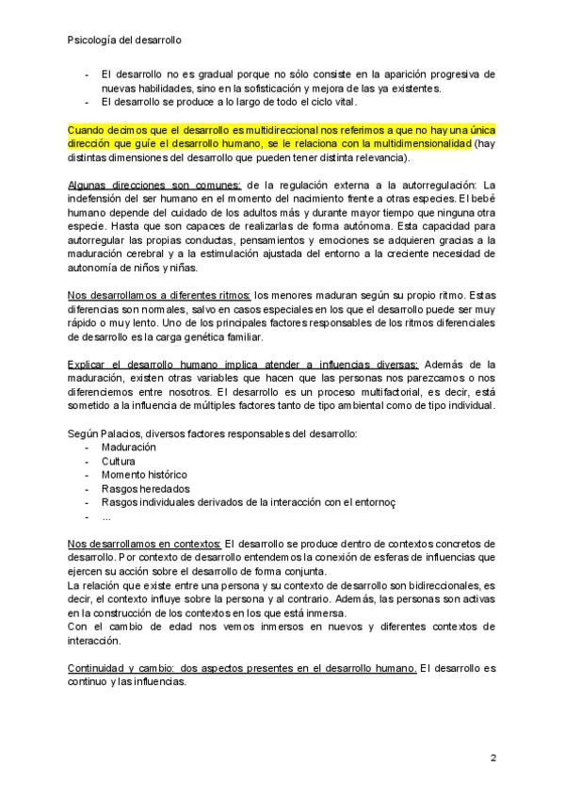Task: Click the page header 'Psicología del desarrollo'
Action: pos(126,41)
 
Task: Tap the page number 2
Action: pos(492,758)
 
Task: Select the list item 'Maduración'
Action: pos(130,447)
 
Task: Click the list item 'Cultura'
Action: pos(117,461)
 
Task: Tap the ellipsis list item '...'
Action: pos(107,517)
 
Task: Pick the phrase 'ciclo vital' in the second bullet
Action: pos(338,102)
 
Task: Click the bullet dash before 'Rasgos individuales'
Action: pos(88,502)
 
